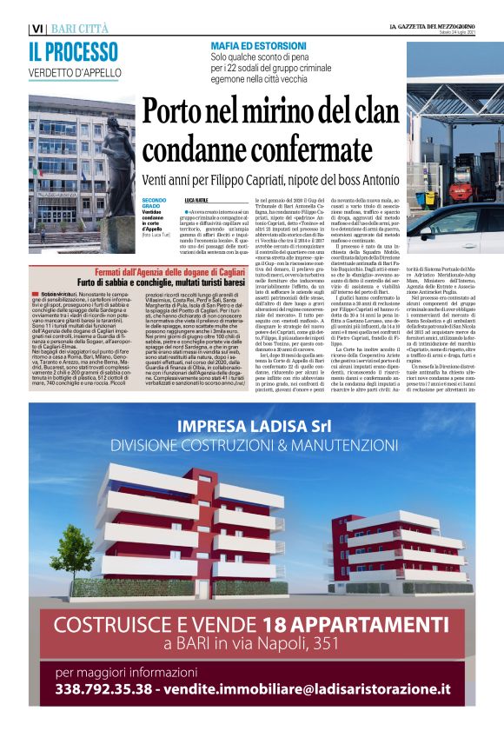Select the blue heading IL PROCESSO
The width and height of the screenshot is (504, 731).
(x=73, y=52)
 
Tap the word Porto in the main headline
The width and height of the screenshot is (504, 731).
(x=178, y=113)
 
